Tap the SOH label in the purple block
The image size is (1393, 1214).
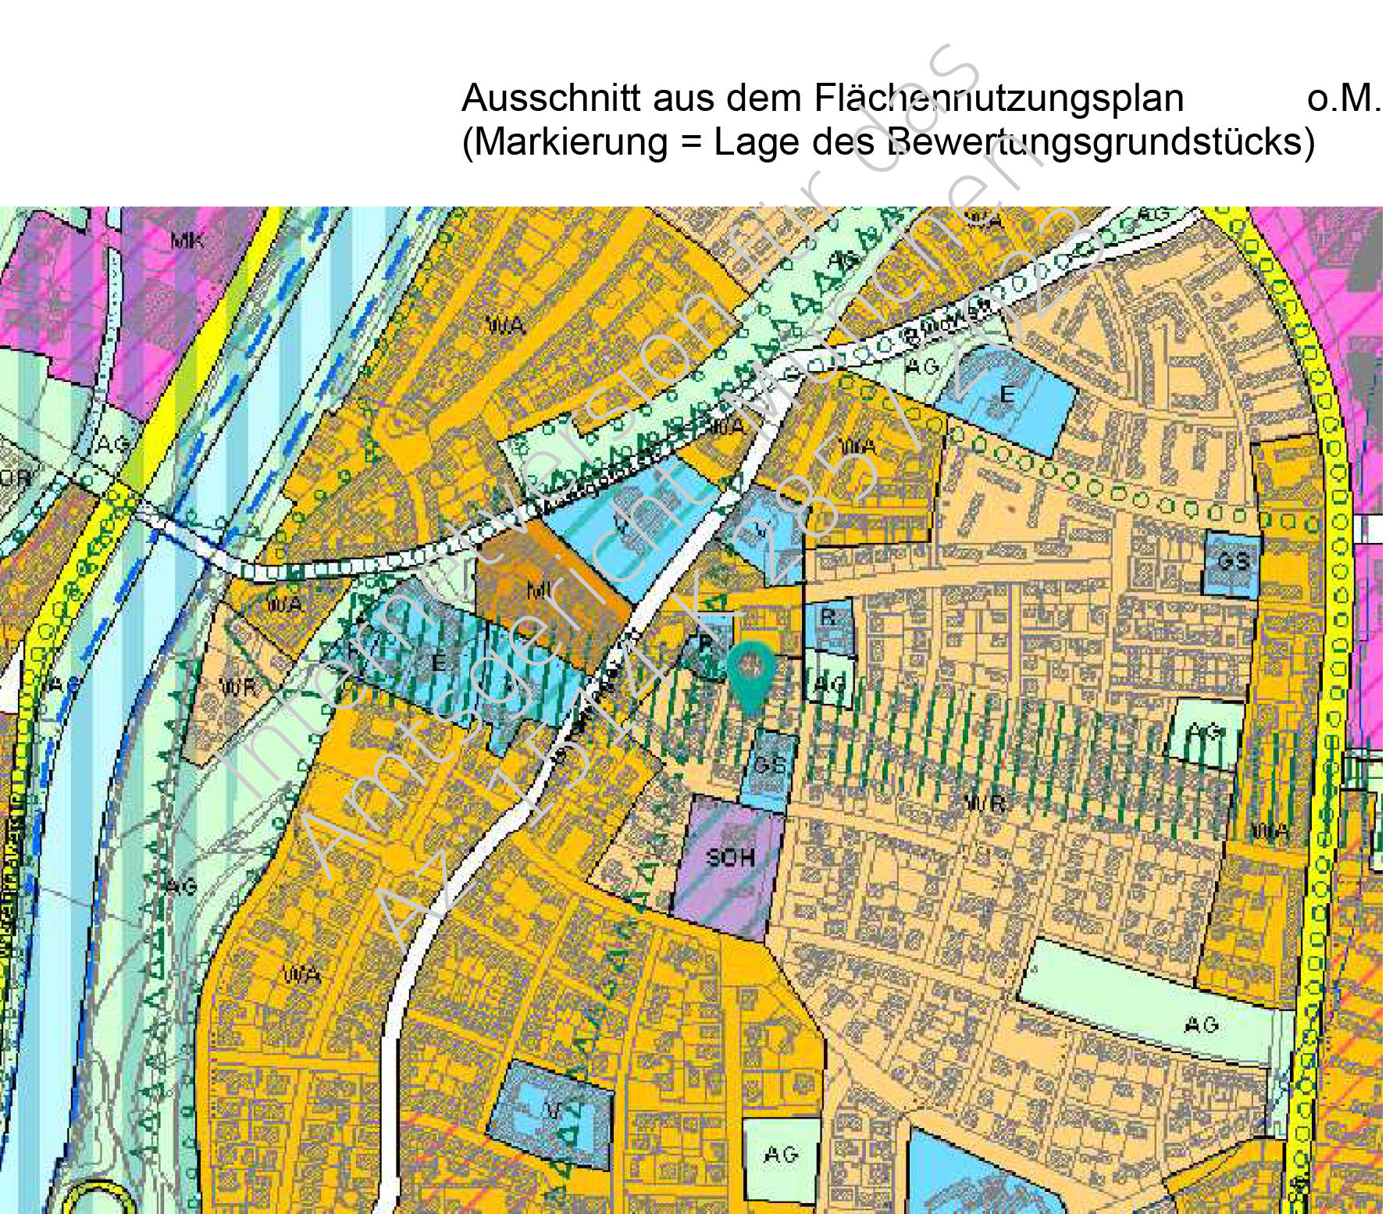pos(731,857)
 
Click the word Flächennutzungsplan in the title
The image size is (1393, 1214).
pos(999,98)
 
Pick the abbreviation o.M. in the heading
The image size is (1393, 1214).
pos(1343,98)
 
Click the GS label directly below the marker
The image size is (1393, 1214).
pos(771,763)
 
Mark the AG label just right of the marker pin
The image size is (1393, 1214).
pos(830,685)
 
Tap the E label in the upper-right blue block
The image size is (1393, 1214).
pos(1007,395)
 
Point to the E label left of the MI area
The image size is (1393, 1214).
pos(438,663)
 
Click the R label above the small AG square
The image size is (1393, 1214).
pos(828,617)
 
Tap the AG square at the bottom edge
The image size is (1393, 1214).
pos(781,1154)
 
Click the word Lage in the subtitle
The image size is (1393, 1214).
pos(757,142)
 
